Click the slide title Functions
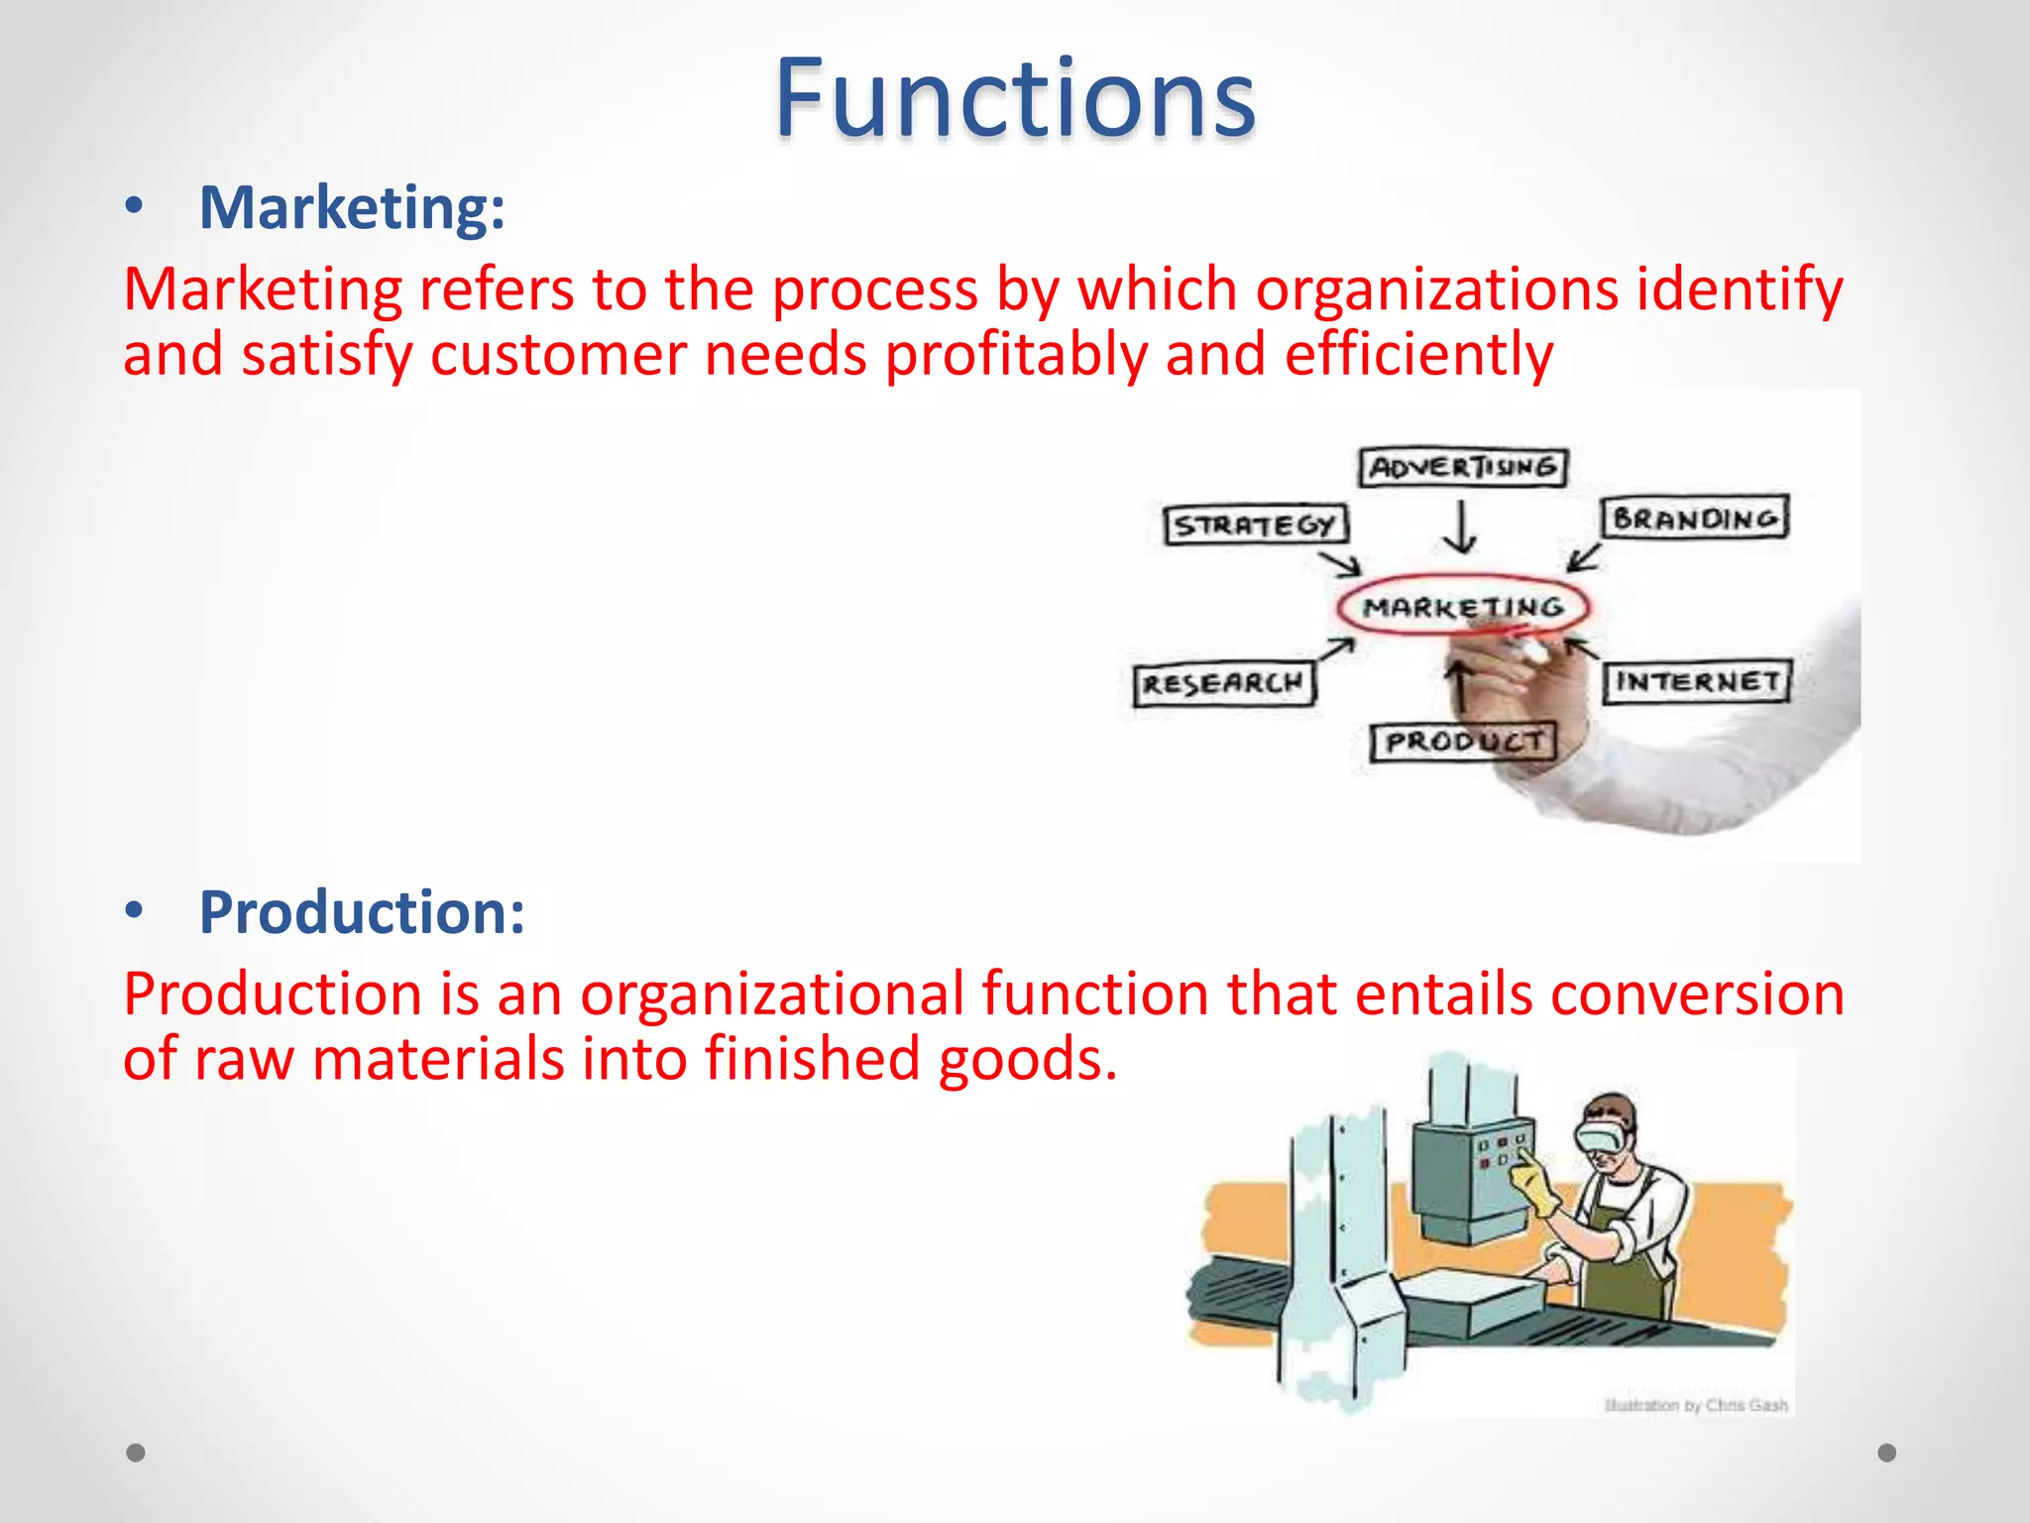tap(1014, 99)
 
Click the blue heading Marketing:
tap(352, 208)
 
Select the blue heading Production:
tap(362, 912)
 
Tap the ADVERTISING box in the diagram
tap(1463, 467)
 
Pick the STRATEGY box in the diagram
tap(1255, 525)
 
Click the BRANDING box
tap(1695, 518)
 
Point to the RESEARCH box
tap(1223, 683)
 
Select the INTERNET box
tap(1697, 681)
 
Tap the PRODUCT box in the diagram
tap(1463, 742)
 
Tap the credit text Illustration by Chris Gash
tap(1696, 1405)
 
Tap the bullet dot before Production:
tap(135, 910)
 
